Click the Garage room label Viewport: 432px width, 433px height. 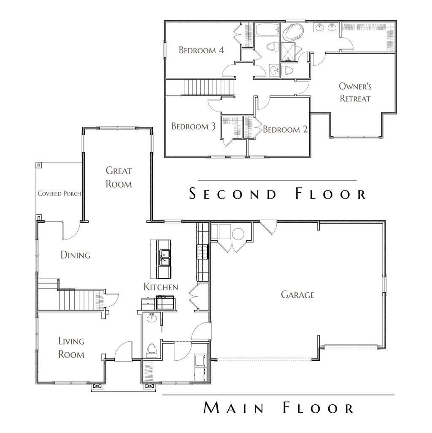297,295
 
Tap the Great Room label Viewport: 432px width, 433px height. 119,177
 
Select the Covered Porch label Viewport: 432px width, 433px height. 59,193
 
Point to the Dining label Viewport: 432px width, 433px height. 76,255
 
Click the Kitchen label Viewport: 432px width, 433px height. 161,287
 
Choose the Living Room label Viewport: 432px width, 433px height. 71,348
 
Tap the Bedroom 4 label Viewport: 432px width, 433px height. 201,50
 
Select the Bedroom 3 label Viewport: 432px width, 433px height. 190,126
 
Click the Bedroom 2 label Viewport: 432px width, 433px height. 285,129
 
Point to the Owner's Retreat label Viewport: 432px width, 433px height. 355,93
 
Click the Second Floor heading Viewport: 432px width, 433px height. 278,194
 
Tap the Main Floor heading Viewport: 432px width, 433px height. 278,408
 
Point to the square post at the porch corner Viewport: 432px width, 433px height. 38,165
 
